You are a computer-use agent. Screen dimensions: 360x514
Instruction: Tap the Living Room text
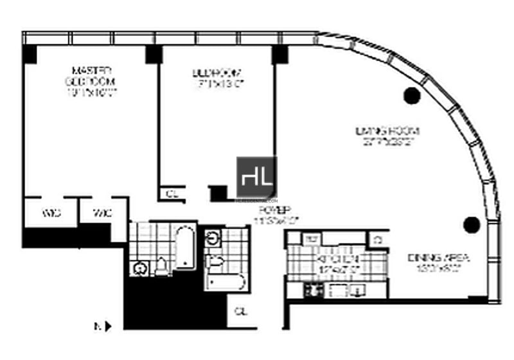click(392, 137)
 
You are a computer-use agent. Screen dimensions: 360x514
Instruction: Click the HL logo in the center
click(256, 177)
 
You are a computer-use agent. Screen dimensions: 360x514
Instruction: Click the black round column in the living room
click(411, 96)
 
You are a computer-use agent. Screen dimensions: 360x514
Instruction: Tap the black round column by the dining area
click(472, 224)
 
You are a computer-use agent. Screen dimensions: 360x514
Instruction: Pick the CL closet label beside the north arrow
click(241, 312)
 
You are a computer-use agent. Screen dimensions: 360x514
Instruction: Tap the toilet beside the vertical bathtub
click(161, 265)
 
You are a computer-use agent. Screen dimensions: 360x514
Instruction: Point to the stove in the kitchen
click(314, 290)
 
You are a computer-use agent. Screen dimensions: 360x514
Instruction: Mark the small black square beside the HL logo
click(219, 193)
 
